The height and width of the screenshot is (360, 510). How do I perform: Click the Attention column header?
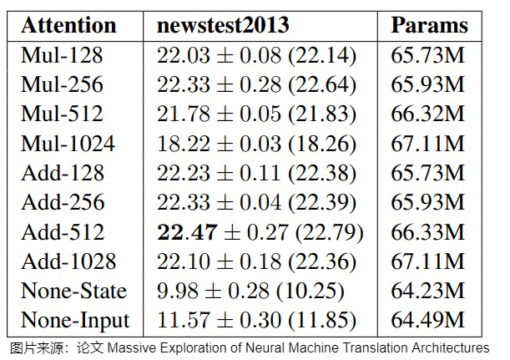click(68, 25)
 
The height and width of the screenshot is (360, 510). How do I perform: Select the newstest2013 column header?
click(223, 25)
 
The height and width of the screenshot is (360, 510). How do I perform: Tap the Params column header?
click(429, 26)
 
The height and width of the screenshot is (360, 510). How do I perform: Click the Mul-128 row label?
click(62, 54)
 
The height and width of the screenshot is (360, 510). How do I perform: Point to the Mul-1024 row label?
click(68, 143)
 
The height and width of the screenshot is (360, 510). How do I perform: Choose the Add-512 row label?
click(63, 231)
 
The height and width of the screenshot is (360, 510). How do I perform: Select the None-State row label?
click(73, 291)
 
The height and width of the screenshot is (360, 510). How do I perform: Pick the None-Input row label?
click(75, 321)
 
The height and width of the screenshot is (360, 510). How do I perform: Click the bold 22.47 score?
click(187, 232)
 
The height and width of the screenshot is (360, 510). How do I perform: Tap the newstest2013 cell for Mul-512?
click(256, 114)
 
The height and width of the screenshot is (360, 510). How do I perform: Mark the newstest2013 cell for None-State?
click(250, 291)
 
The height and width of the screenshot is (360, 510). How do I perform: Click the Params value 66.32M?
click(427, 114)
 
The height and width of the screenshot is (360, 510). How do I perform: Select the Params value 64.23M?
click(427, 291)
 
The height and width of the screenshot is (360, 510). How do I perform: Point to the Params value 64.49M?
click(427, 320)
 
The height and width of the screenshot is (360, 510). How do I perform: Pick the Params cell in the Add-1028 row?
click(427, 261)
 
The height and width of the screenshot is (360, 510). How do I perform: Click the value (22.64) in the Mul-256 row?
click(322, 84)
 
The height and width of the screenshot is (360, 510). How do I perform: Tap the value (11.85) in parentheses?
click(322, 321)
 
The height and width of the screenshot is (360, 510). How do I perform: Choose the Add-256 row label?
click(63, 202)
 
